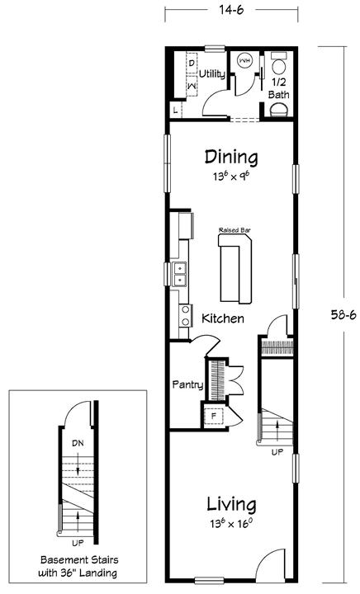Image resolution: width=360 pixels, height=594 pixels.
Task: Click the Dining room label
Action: pos(231,158)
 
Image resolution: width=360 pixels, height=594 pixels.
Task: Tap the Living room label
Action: pos(231,505)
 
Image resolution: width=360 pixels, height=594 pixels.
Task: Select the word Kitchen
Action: pos(223,318)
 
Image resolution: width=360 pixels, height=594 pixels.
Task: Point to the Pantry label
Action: pos(187,385)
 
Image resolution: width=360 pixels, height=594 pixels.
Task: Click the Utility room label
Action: pos(212,74)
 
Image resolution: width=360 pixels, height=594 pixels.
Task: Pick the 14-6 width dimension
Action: pos(231,10)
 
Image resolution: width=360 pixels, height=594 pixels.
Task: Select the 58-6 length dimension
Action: pos(343,315)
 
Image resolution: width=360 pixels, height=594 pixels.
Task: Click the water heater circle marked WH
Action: pos(244,60)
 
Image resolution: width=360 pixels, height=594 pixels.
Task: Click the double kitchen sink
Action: pos(179,274)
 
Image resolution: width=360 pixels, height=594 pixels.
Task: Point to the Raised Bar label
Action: pos(234,230)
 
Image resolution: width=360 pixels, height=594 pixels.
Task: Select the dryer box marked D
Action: pos(192,63)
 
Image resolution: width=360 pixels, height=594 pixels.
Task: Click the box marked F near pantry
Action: pos(214,416)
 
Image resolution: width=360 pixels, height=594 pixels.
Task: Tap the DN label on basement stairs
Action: pos(78,443)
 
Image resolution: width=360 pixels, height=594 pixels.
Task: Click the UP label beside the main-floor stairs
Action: pos(277,452)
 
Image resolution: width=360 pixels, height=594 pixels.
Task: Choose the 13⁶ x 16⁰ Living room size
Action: pos(231,525)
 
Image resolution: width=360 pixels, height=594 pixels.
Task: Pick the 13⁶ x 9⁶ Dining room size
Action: pos(231,177)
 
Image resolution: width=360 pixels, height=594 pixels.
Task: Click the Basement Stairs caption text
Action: pos(79,566)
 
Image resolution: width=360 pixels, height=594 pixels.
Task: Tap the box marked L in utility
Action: pos(175,111)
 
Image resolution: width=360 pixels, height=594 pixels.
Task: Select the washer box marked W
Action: pos(192,87)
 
